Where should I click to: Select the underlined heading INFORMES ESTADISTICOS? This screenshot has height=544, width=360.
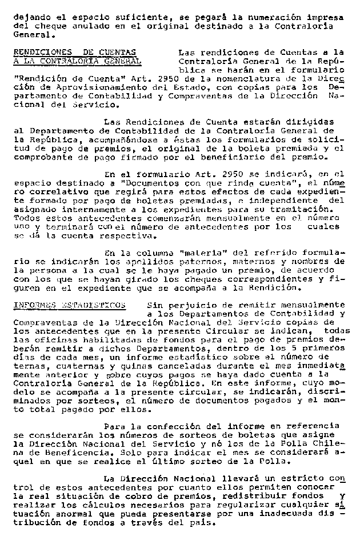(69, 305)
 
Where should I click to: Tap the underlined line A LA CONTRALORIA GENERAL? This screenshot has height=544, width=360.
(77, 60)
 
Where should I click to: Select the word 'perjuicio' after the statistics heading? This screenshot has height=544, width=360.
(191, 305)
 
